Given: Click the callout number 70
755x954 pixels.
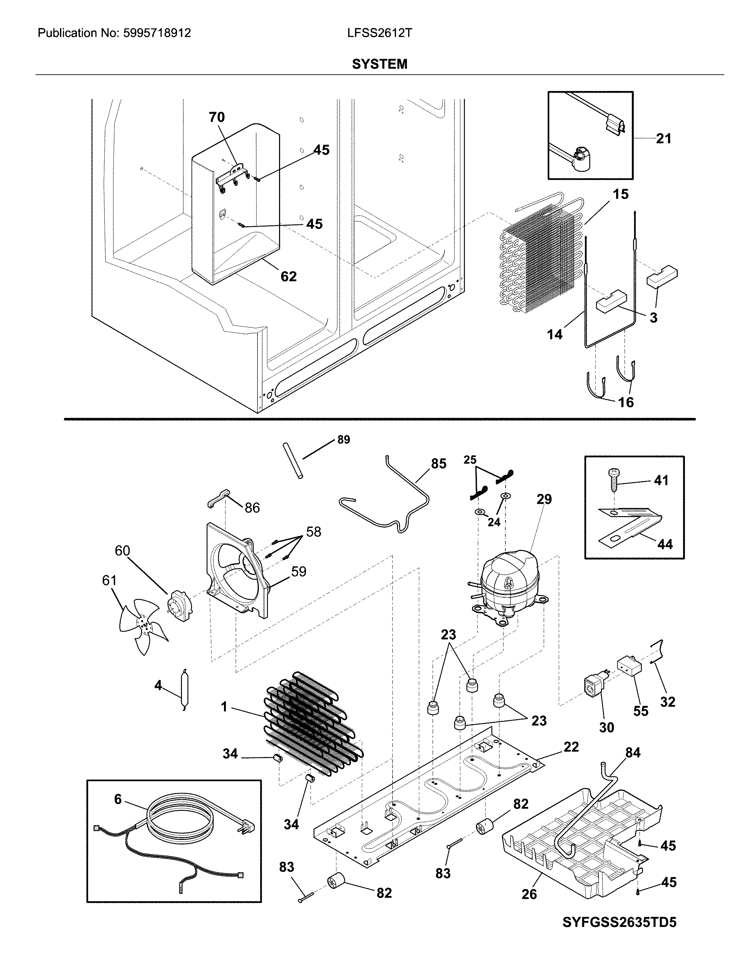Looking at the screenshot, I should (x=216, y=117).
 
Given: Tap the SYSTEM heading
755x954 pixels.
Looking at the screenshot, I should (x=379, y=65).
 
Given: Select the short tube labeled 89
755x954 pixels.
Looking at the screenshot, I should (x=293, y=462).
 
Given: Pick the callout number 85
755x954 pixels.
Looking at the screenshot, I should (x=438, y=464).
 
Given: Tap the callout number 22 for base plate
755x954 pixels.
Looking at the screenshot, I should (x=571, y=747).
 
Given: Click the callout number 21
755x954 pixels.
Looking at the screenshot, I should (x=663, y=139).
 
